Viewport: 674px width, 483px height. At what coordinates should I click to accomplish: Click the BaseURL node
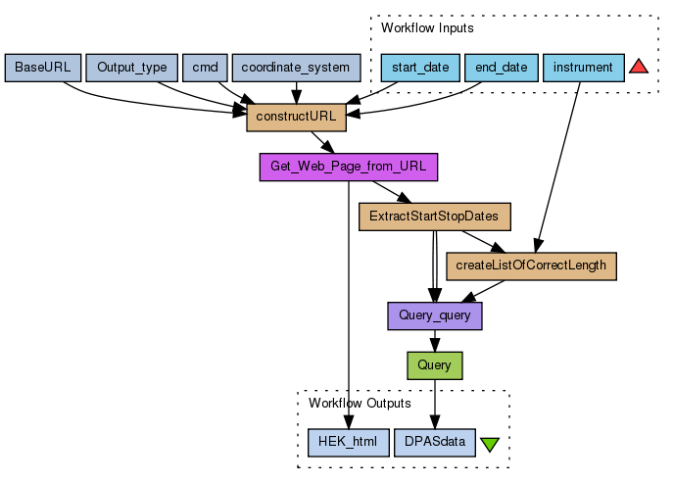point(42,68)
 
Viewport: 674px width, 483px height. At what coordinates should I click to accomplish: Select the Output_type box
point(132,68)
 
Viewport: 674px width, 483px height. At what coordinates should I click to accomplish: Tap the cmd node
point(205,68)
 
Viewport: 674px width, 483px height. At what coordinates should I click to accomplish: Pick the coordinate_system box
point(296,68)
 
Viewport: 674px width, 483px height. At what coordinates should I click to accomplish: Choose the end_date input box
point(500,68)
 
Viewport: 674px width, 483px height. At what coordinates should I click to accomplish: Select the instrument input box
point(583,68)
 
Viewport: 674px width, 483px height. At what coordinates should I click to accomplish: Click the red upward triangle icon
point(639,67)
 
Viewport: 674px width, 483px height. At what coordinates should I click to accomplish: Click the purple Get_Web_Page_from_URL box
point(348,167)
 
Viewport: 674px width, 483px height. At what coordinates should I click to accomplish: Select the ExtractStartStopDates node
point(434,217)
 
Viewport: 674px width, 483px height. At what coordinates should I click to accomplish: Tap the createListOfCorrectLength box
point(531,266)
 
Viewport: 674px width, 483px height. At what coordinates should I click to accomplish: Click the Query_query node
point(434,315)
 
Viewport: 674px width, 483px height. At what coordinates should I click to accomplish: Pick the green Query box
point(434,364)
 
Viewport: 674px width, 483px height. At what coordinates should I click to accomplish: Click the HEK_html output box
point(348,442)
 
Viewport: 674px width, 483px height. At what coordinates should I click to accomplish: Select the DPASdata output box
point(434,442)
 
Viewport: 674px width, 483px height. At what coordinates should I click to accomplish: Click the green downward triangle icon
point(490,444)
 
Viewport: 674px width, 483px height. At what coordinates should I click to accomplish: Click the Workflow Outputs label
point(360,403)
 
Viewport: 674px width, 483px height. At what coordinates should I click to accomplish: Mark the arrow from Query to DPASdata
point(434,404)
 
